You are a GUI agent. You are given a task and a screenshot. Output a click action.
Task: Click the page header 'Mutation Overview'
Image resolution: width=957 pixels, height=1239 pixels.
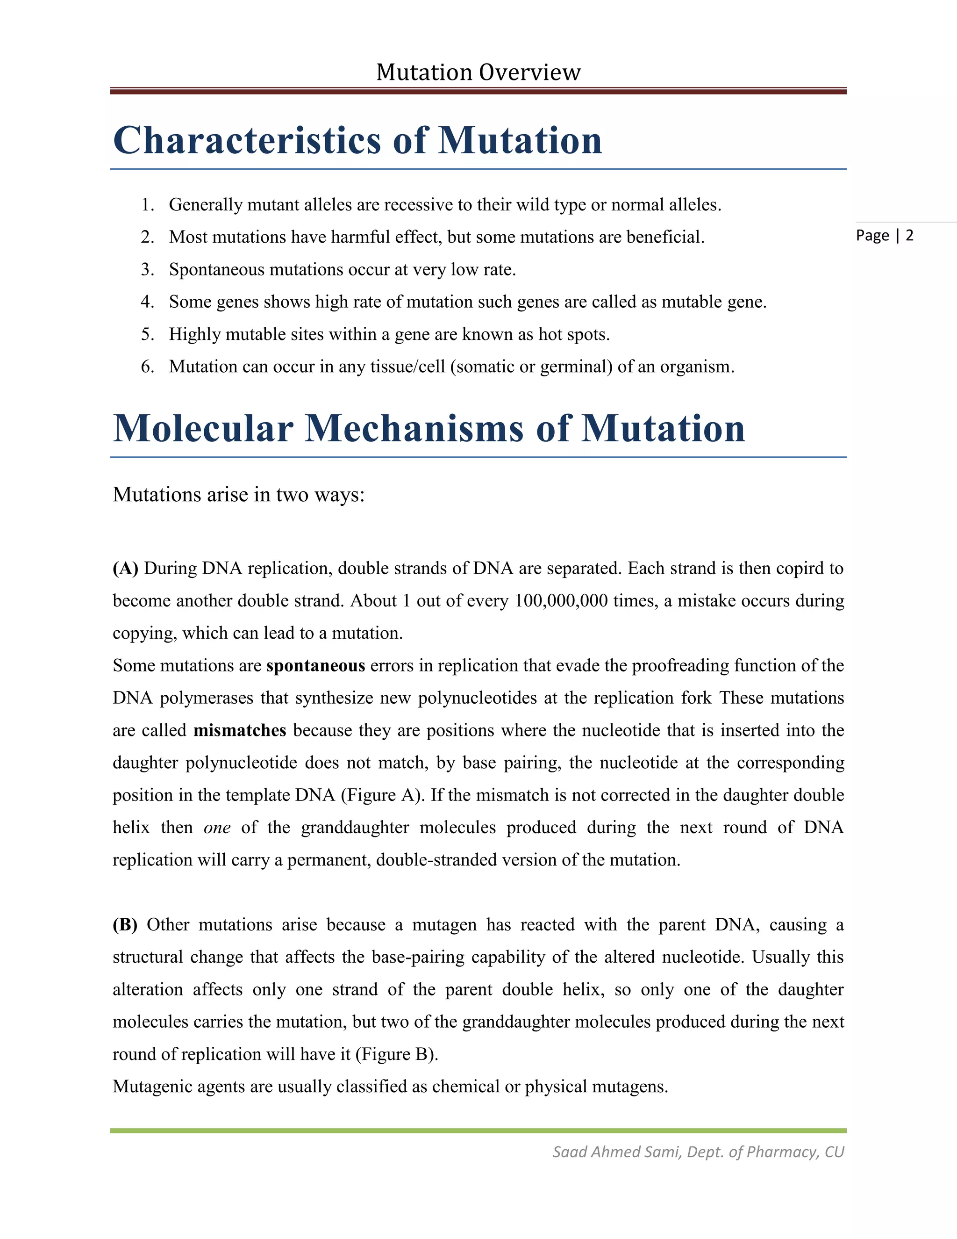(478, 72)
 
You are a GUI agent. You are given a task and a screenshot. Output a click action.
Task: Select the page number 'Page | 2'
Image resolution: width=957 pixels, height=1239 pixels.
(885, 236)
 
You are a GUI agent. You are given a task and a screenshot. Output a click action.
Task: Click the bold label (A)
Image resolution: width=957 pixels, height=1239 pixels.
(125, 569)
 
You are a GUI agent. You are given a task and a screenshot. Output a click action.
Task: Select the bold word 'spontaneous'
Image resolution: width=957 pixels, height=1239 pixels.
(315, 665)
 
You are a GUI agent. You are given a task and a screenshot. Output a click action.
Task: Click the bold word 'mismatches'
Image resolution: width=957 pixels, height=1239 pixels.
(239, 730)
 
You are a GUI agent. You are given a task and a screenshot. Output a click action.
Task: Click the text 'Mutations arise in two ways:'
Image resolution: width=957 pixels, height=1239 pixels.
(239, 495)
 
